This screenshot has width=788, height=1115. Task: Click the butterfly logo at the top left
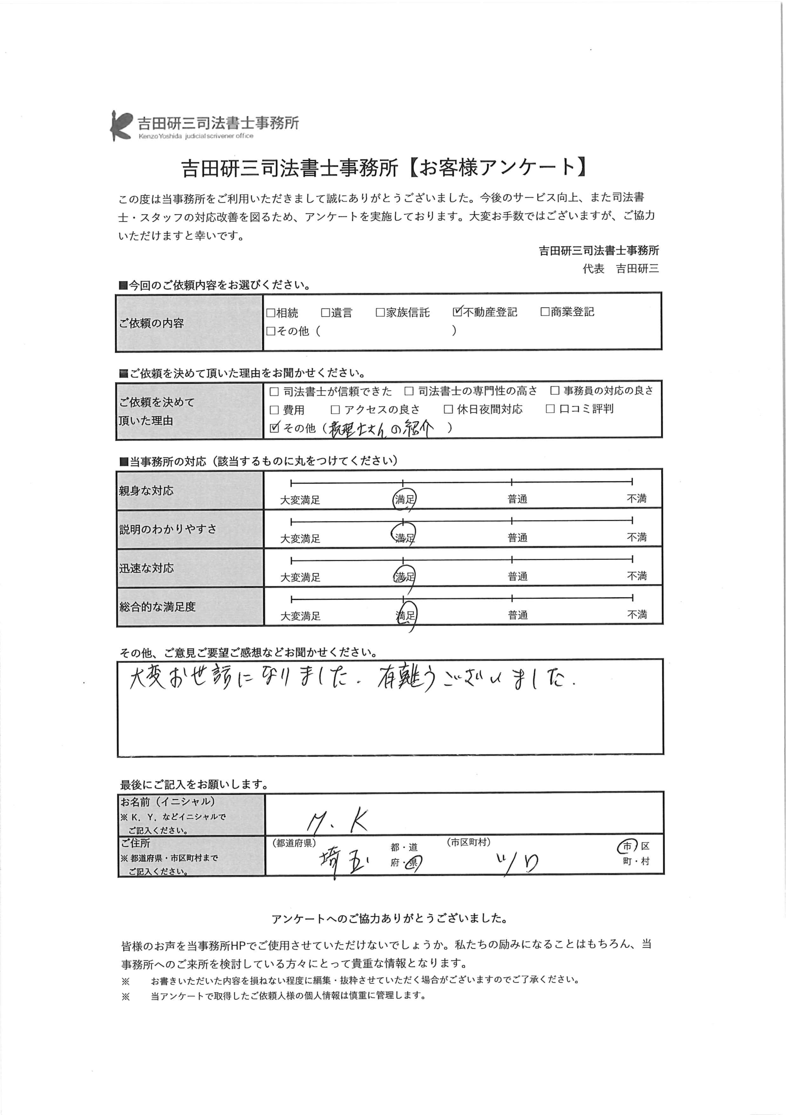pyautogui.click(x=121, y=125)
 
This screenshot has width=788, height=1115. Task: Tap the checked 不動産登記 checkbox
pyautogui.click(x=457, y=312)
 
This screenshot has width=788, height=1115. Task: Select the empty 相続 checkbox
pyautogui.click(x=271, y=313)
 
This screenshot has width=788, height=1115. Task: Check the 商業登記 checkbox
pyautogui.click(x=545, y=312)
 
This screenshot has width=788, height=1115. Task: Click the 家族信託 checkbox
pyautogui.click(x=380, y=312)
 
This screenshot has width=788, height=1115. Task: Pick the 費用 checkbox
pyautogui.click(x=274, y=410)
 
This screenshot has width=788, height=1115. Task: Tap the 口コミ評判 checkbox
pyautogui.click(x=550, y=409)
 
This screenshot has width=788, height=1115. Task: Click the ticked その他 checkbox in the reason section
pyautogui.click(x=274, y=428)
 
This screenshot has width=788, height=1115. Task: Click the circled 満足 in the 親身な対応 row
pyautogui.click(x=404, y=499)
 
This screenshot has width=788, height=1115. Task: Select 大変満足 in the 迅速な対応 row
pyautogui.click(x=300, y=577)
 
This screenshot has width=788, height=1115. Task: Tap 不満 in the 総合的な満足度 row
pyautogui.click(x=636, y=615)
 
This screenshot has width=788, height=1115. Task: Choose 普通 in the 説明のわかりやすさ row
pyautogui.click(x=518, y=537)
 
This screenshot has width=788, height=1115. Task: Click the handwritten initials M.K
pyautogui.click(x=337, y=821)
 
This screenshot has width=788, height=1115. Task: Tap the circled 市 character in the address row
pyautogui.click(x=627, y=846)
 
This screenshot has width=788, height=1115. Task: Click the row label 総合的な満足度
pyautogui.click(x=157, y=607)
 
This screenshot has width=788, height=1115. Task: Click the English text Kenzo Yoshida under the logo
pyautogui.click(x=160, y=136)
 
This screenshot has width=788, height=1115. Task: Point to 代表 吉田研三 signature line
pyautogui.click(x=620, y=269)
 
